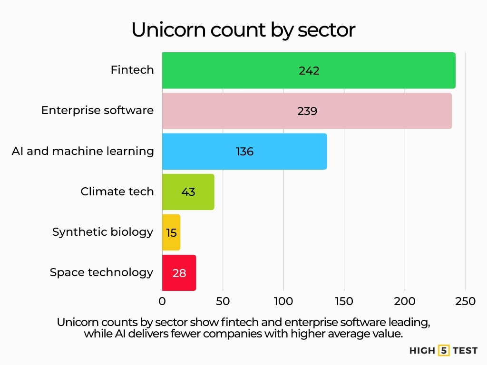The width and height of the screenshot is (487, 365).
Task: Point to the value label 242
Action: coord(309,71)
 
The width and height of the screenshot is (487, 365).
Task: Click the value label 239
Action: coord(307,111)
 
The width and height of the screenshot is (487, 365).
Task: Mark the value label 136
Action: coord(244,152)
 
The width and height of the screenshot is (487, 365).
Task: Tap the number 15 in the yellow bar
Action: coord(171,232)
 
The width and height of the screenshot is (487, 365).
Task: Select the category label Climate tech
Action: coord(117,192)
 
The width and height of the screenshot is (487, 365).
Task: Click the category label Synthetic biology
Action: coord(103,232)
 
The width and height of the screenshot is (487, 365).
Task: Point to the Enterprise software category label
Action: coord(97,111)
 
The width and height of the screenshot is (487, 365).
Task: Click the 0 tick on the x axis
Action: coord(162,301)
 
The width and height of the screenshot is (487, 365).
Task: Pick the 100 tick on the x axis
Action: coord(283,301)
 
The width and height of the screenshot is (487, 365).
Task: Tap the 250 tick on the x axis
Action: coord(465,301)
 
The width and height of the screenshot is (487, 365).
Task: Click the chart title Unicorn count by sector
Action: coord(243,30)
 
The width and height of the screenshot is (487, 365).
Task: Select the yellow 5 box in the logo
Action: coord(444,351)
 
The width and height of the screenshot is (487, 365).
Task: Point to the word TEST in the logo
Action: coord(465,351)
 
